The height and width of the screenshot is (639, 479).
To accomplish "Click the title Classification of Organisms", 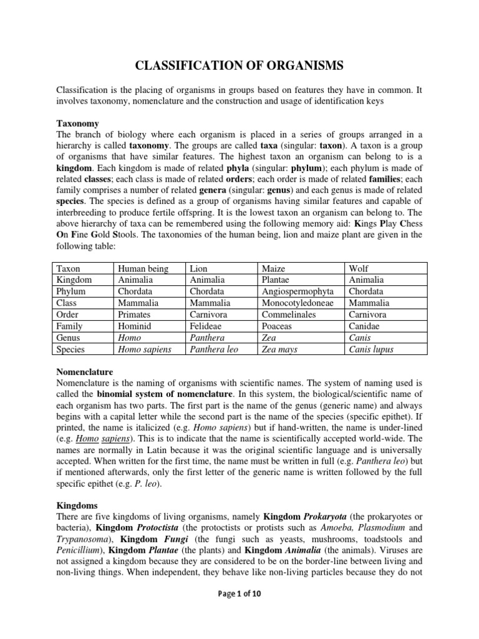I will (x=239, y=66).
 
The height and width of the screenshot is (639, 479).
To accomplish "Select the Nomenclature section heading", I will (x=85, y=371).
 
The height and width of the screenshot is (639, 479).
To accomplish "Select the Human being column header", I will (x=143, y=268).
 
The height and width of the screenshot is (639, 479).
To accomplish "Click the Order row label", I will (x=68, y=315).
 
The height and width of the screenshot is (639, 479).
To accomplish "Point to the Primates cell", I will (x=135, y=315).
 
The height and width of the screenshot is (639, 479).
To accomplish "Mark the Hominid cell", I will (x=135, y=326).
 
